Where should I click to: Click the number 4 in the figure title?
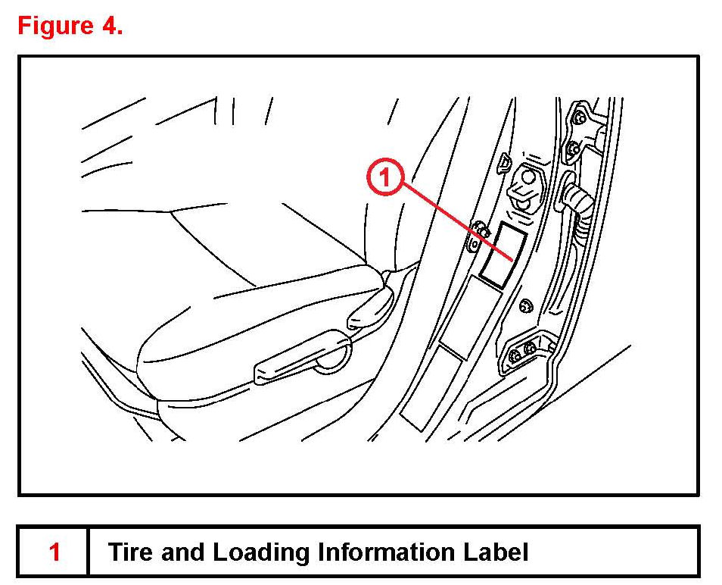(110, 27)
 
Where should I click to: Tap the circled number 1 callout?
(385, 179)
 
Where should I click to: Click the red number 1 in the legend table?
(54, 552)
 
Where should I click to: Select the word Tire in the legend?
(130, 552)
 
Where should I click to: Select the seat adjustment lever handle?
(299, 364)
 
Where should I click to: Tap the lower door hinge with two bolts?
(524, 350)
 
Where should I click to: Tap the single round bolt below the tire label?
(525, 306)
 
